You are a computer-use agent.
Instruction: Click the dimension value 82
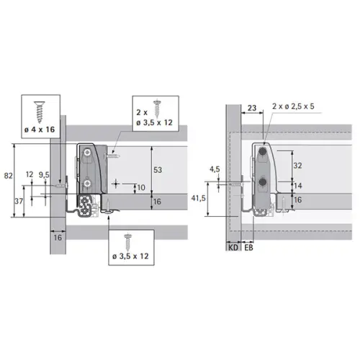(x=7, y=175)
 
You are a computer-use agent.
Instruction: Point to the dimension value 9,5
(x=44, y=174)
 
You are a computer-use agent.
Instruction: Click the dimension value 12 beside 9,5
(x=29, y=174)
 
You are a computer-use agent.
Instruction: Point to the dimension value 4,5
(x=214, y=170)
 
